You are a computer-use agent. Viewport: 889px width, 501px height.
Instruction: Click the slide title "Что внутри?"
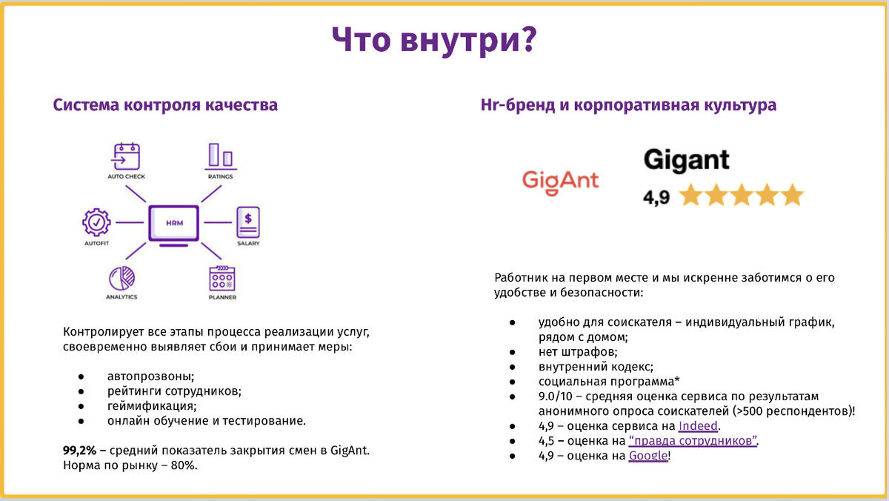click(x=434, y=40)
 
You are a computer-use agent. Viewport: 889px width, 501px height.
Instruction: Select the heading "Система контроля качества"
click(x=165, y=105)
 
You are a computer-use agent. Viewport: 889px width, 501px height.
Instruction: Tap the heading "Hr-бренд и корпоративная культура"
click(x=628, y=105)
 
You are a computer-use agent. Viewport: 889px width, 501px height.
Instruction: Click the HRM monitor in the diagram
click(x=174, y=225)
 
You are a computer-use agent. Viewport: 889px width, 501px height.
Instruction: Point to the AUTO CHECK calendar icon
click(x=126, y=156)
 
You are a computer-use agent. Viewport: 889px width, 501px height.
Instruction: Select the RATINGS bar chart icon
click(x=221, y=156)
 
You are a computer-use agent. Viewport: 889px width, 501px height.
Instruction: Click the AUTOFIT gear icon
click(x=96, y=222)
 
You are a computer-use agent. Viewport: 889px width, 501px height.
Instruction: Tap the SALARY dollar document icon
click(x=248, y=222)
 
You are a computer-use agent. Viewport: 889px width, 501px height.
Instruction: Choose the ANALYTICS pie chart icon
click(x=121, y=278)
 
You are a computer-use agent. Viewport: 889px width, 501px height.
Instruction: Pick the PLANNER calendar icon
click(x=222, y=278)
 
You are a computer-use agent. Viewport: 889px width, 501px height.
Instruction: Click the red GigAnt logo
click(x=560, y=182)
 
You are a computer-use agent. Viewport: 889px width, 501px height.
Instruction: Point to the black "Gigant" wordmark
click(x=687, y=160)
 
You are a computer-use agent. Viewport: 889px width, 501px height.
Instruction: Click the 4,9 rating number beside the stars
click(x=656, y=197)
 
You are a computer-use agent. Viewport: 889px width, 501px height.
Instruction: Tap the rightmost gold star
click(x=793, y=194)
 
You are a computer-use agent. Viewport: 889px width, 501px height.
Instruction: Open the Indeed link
click(x=698, y=426)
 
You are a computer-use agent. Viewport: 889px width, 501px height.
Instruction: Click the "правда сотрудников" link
click(x=693, y=441)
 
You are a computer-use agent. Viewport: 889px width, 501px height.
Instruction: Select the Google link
click(x=648, y=456)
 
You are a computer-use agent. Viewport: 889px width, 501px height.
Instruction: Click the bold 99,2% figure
click(x=79, y=451)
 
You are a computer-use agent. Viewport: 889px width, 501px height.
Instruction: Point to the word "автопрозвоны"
click(x=150, y=376)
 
